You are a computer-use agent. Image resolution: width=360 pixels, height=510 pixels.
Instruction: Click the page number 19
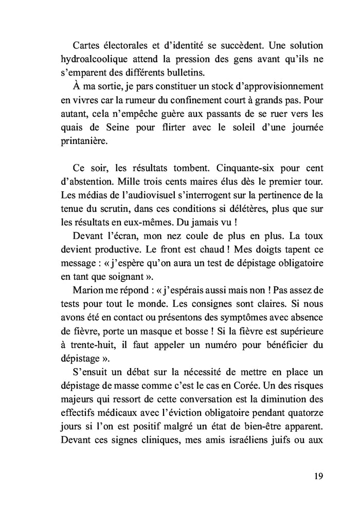318,476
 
